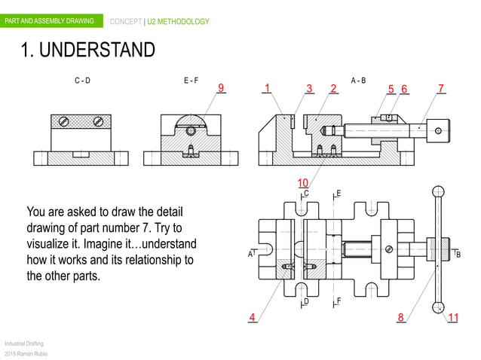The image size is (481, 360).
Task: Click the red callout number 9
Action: (x=222, y=88)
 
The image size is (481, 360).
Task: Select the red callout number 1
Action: (x=267, y=88)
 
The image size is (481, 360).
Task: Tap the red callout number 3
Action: (x=309, y=88)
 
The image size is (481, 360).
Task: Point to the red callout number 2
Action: (x=333, y=88)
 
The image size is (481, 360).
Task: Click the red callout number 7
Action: (x=440, y=88)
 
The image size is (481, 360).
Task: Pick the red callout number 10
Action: (x=302, y=183)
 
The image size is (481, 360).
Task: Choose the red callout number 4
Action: (x=253, y=317)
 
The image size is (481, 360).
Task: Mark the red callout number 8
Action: (x=401, y=317)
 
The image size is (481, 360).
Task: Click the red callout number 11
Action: (x=453, y=317)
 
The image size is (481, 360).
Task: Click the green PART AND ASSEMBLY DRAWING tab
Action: (x=50, y=21)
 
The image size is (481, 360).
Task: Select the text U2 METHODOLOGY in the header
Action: (x=178, y=22)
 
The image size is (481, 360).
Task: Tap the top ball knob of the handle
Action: (x=437, y=191)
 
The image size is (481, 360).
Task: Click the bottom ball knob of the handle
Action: (x=437, y=307)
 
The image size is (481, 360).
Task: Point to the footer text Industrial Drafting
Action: (x=23, y=343)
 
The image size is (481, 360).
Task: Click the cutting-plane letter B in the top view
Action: (x=458, y=255)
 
